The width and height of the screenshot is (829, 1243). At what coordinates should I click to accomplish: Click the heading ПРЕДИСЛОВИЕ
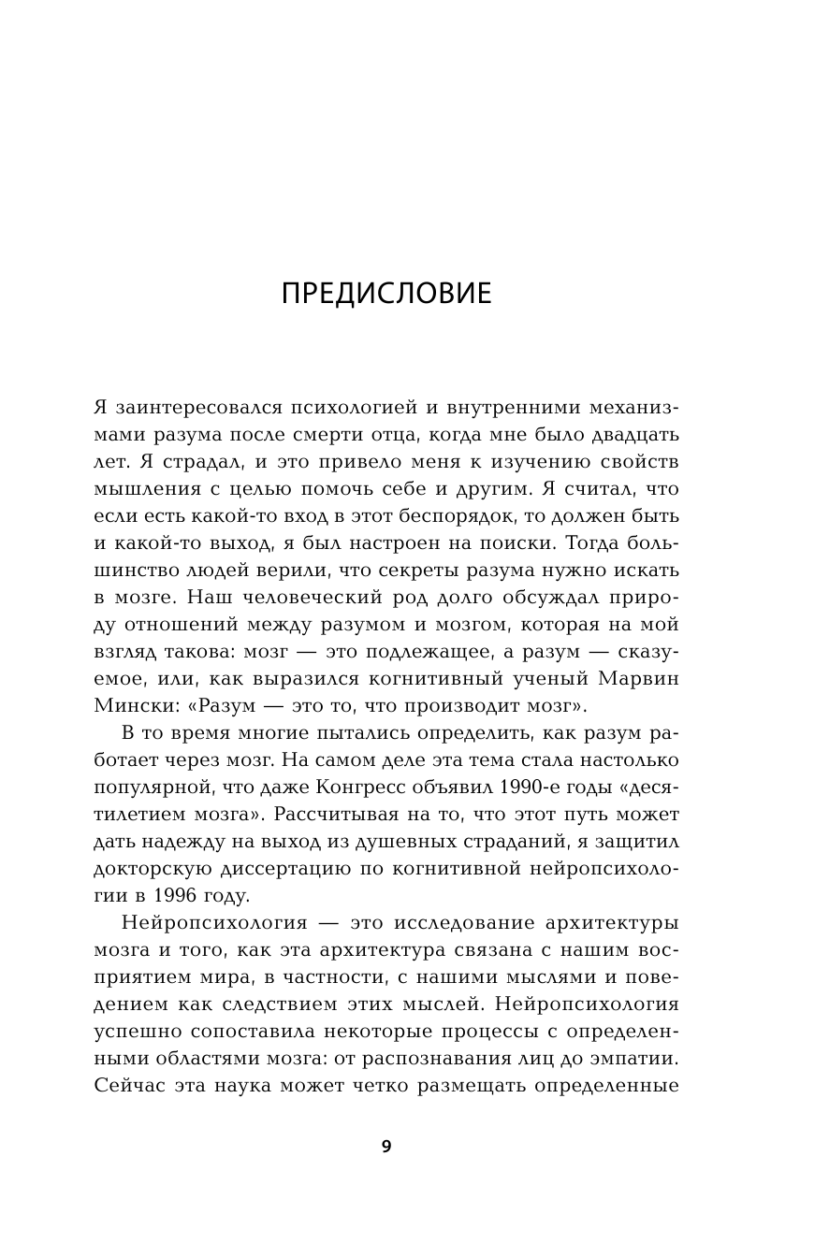(x=386, y=294)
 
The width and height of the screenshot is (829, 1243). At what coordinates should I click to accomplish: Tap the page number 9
(x=386, y=1147)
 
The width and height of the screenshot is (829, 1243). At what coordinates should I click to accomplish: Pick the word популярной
(x=157, y=788)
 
